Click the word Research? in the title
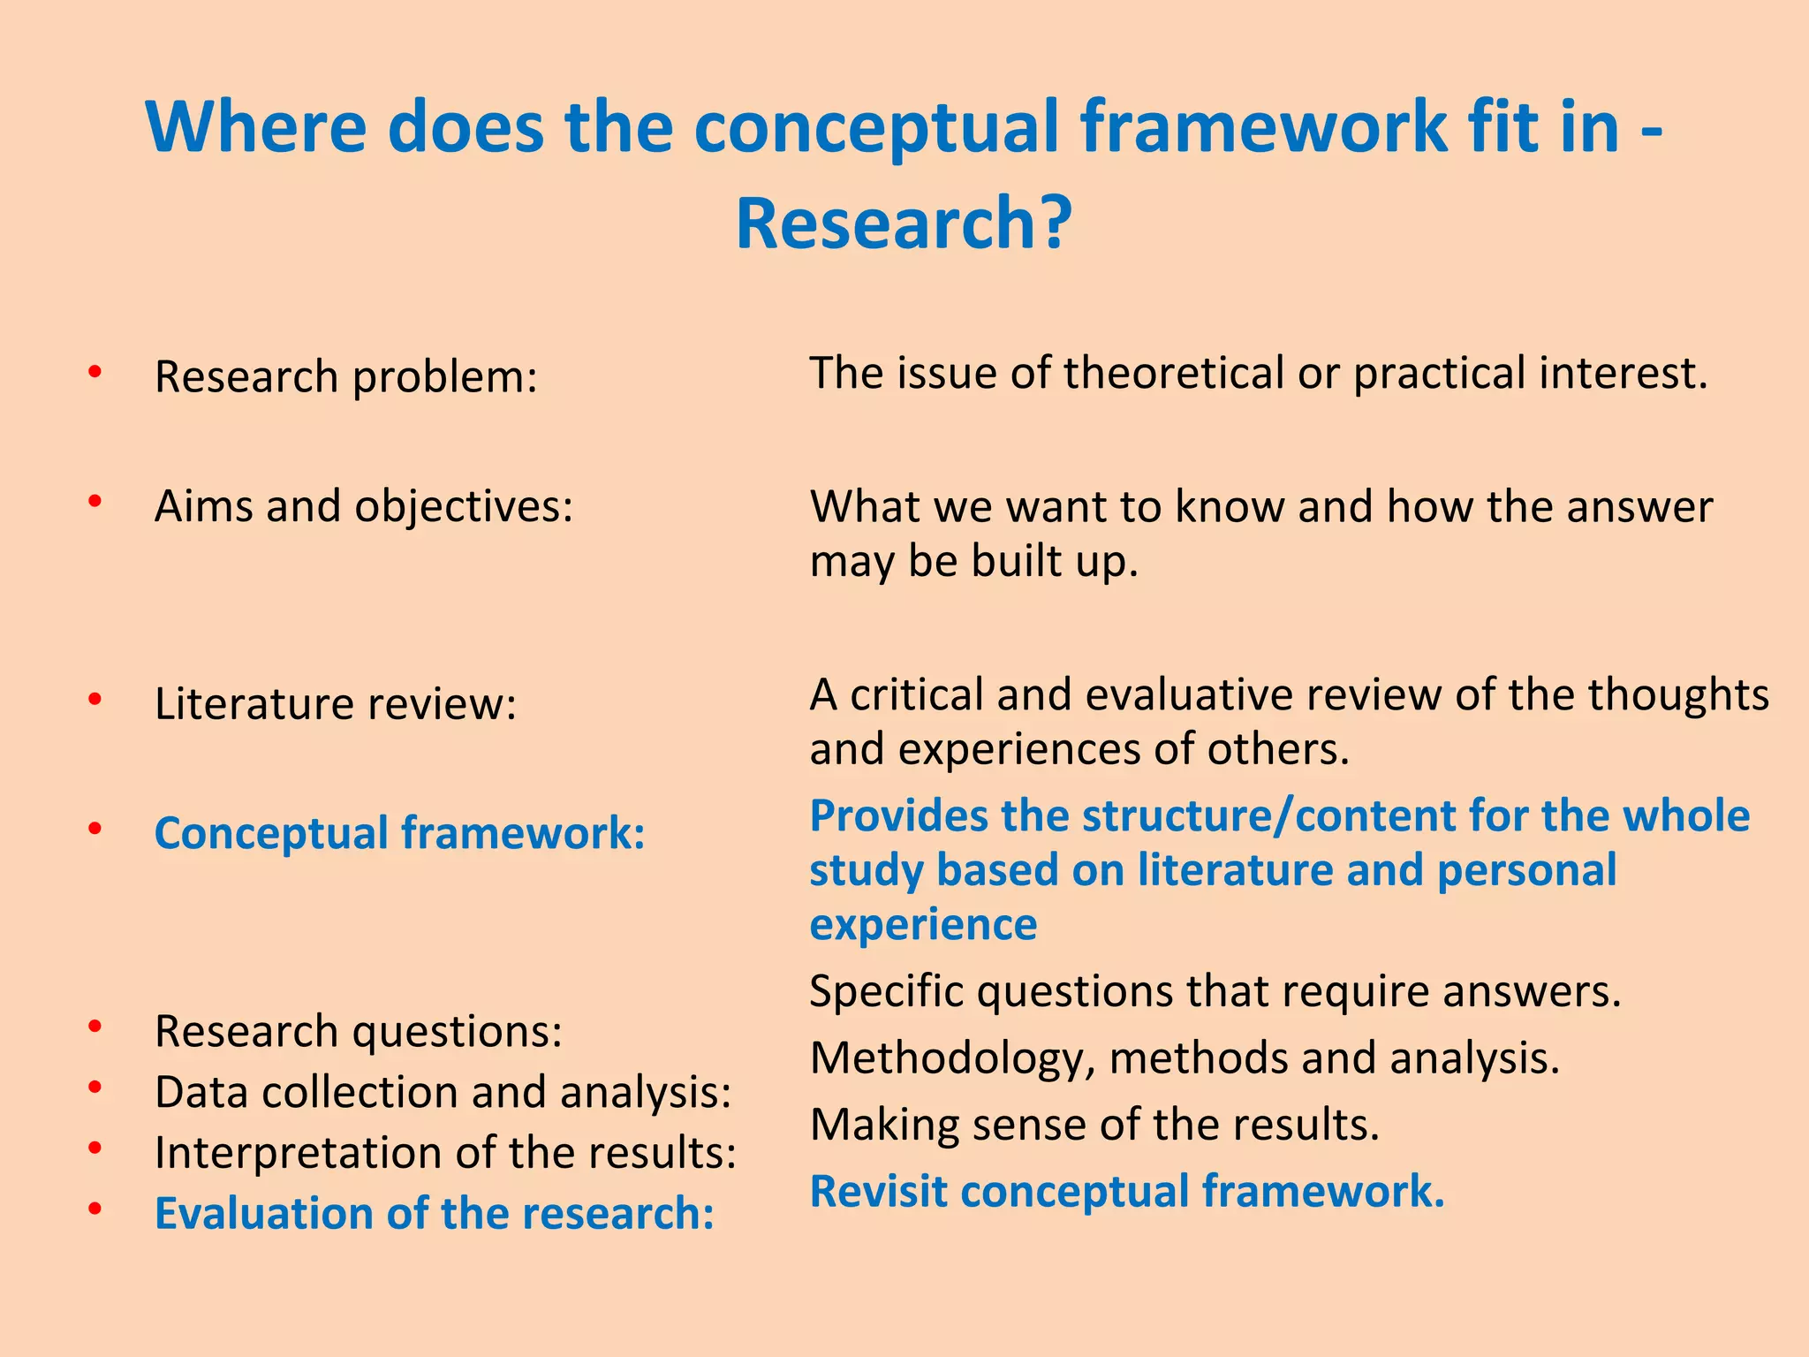904,224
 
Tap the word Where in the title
255,127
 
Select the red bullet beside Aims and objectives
95,501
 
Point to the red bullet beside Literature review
95,699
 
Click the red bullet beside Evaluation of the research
95,1208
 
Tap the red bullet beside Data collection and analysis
95,1087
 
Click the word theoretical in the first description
1175,373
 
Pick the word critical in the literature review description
916,694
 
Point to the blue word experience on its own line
923,925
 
